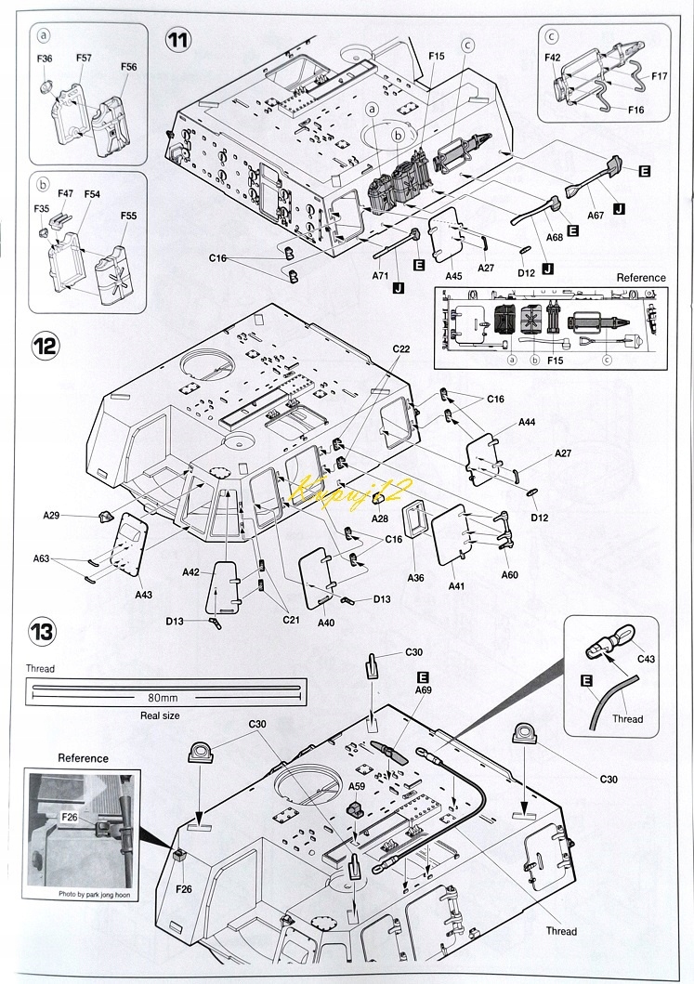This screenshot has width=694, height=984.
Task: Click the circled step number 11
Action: (x=178, y=40)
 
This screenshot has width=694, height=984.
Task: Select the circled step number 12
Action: (x=46, y=345)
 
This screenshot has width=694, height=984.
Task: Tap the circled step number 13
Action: (x=42, y=631)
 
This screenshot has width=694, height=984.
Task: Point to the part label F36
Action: (x=45, y=59)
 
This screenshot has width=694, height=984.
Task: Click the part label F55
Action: (x=128, y=216)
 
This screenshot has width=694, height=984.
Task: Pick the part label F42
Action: (x=552, y=58)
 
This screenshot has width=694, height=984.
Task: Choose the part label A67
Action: (x=596, y=216)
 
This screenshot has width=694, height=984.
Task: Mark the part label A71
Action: (x=381, y=275)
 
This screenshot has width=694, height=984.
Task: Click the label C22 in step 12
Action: (x=401, y=349)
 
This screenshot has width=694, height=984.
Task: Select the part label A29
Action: (x=51, y=515)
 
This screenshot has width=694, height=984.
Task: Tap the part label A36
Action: (x=415, y=577)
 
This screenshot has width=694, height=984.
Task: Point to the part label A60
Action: (x=509, y=575)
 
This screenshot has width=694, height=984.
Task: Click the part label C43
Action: (x=646, y=659)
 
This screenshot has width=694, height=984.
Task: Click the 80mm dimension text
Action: (x=164, y=697)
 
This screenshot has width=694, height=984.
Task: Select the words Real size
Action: (x=160, y=715)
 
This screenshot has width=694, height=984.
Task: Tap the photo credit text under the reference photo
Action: (x=95, y=894)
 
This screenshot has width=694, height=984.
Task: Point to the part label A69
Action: (x=424, y=689)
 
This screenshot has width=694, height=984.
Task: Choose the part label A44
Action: (x=527, y=423)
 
